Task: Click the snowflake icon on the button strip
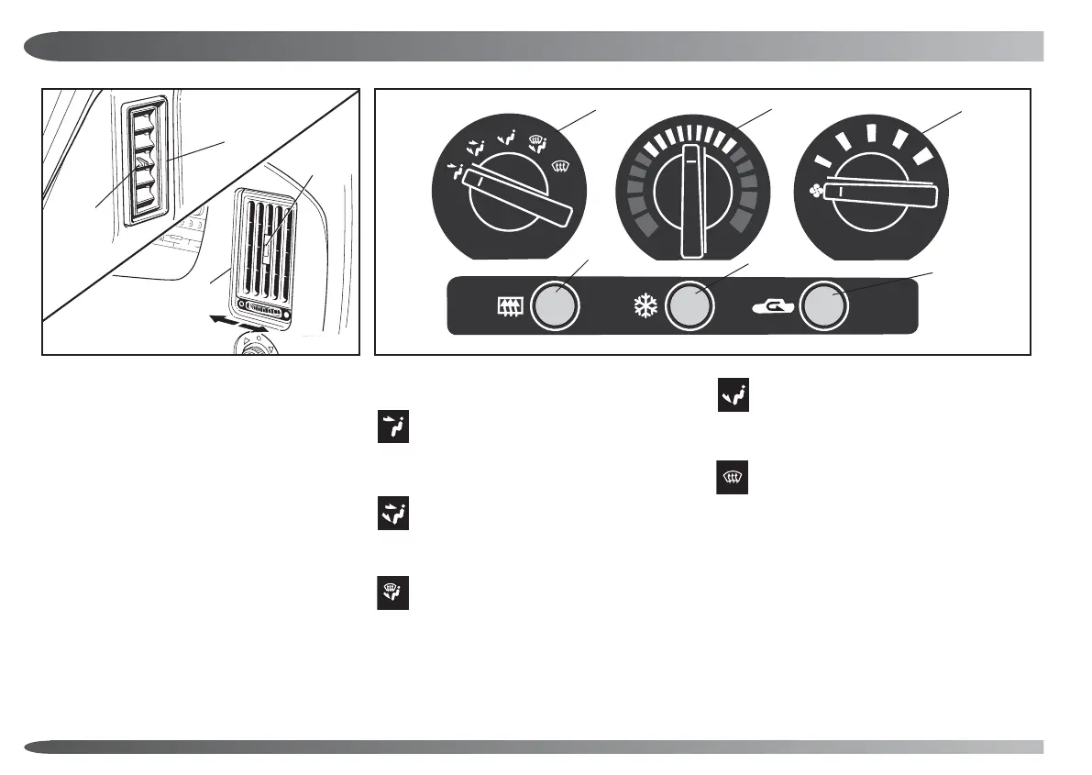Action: [644, 305]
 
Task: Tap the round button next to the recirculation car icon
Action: [822, 305]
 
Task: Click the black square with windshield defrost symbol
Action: [732, 478]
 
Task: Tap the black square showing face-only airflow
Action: [394, 429]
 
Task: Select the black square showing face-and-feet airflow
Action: [394, 513]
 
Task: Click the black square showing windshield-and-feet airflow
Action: [394, 592]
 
